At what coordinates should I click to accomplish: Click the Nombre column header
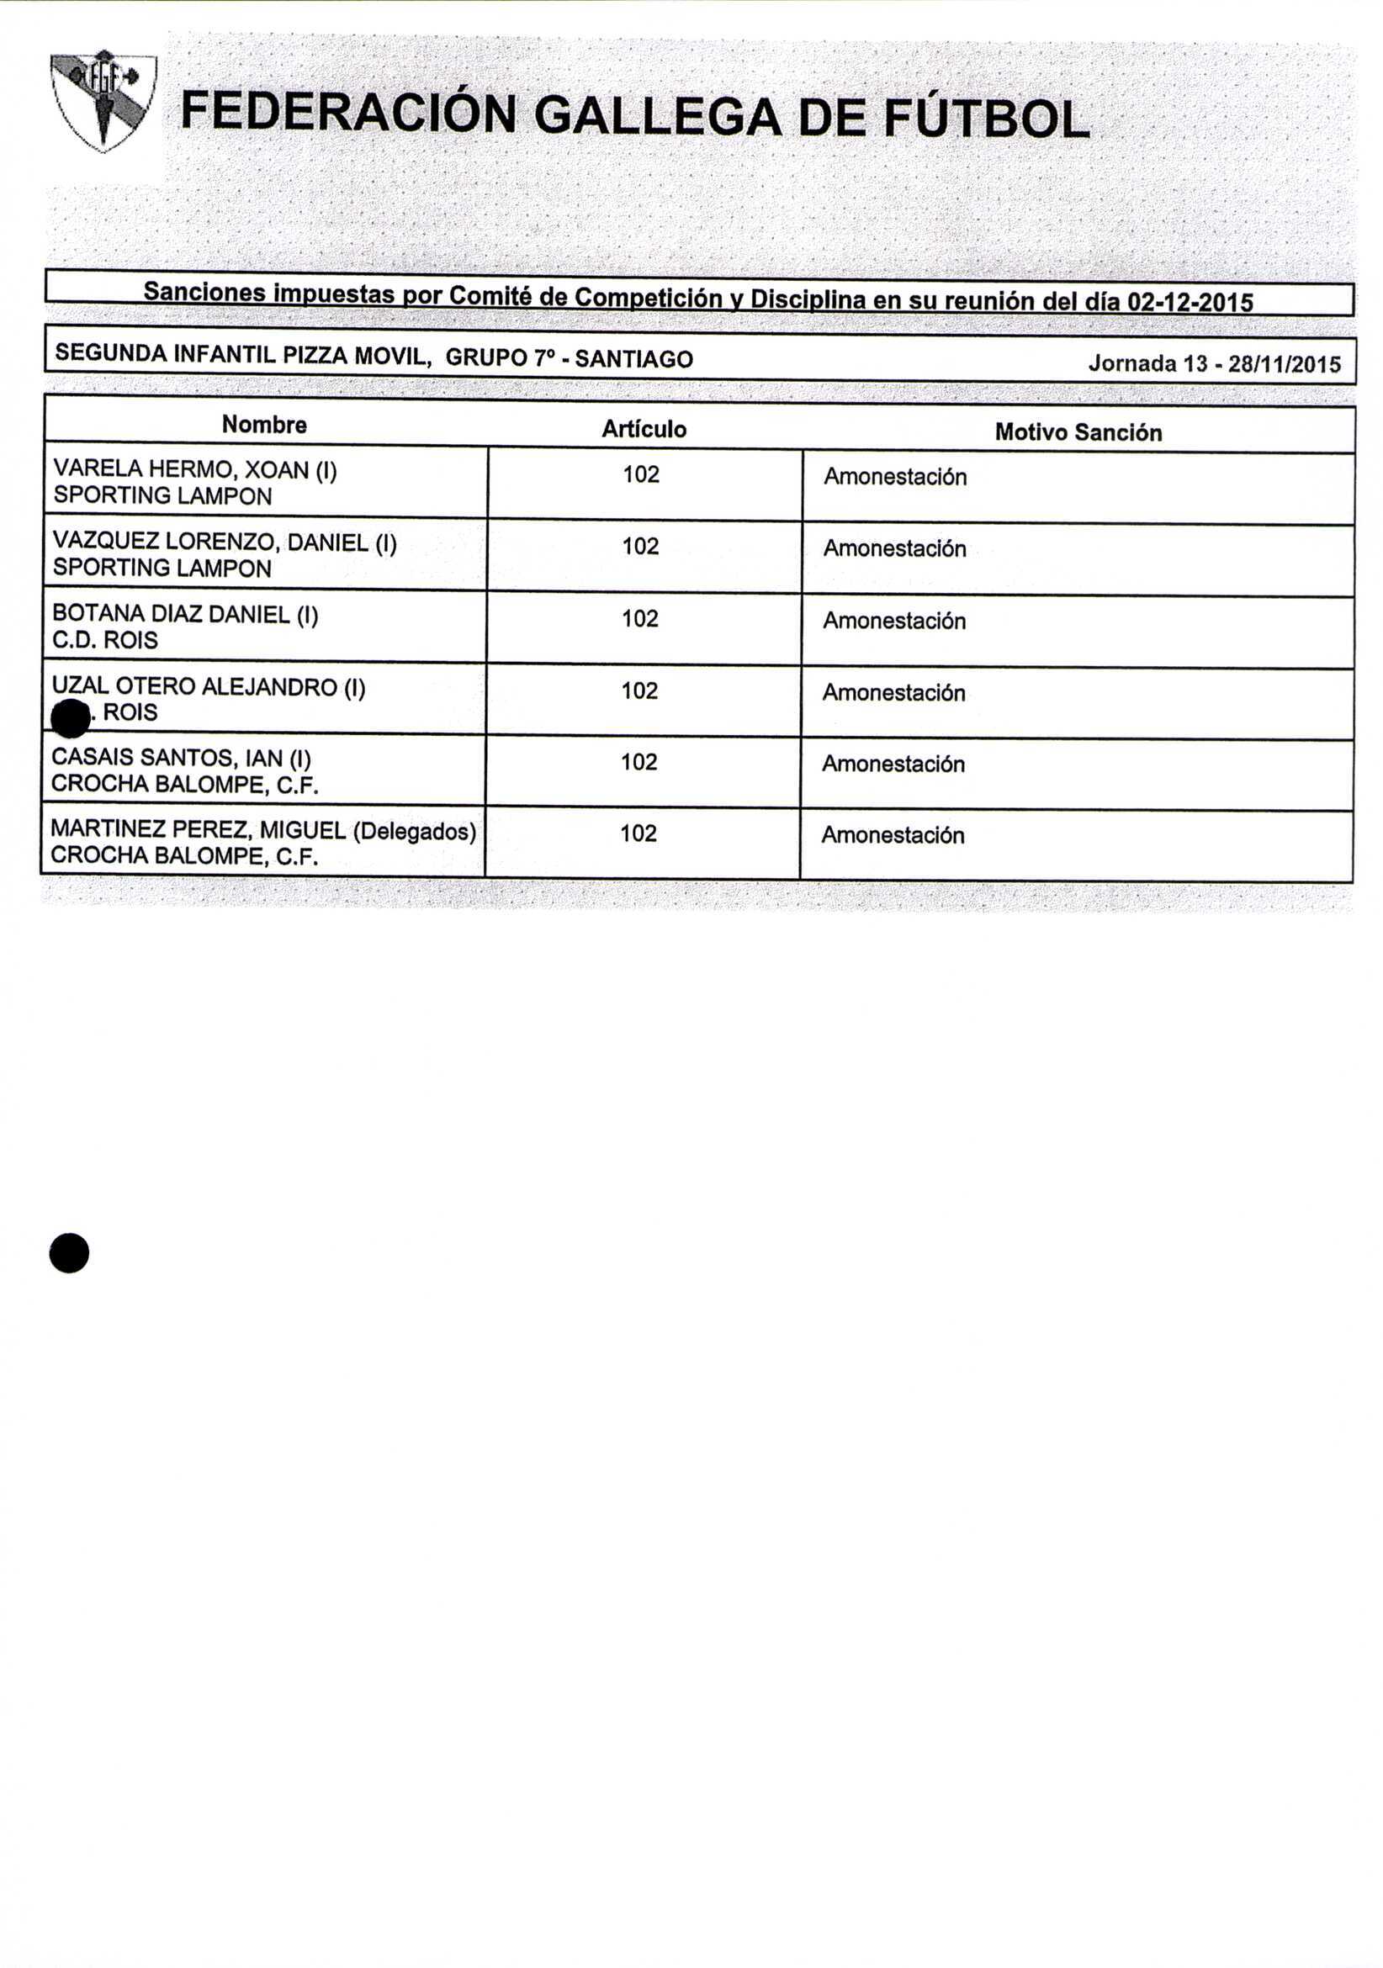(264, 426)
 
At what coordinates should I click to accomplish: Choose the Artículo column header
(643, 429)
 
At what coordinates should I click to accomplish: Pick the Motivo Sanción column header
(1078, 432)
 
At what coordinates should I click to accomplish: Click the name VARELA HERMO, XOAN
(194, 470)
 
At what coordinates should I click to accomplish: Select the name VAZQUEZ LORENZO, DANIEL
(224, 542)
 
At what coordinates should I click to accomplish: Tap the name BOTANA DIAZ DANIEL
(185, 615)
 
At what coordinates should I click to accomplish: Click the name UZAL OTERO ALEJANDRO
(209, 686)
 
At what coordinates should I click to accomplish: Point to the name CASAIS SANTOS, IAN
(181, 758)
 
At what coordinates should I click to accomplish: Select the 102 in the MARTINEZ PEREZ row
(639, 833)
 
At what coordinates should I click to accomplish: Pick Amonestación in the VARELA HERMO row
(895, 477)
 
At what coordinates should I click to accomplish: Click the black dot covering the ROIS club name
(71, 718)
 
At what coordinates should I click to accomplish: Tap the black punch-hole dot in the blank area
(70, 1253)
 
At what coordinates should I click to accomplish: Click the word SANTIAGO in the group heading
(633, 358)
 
